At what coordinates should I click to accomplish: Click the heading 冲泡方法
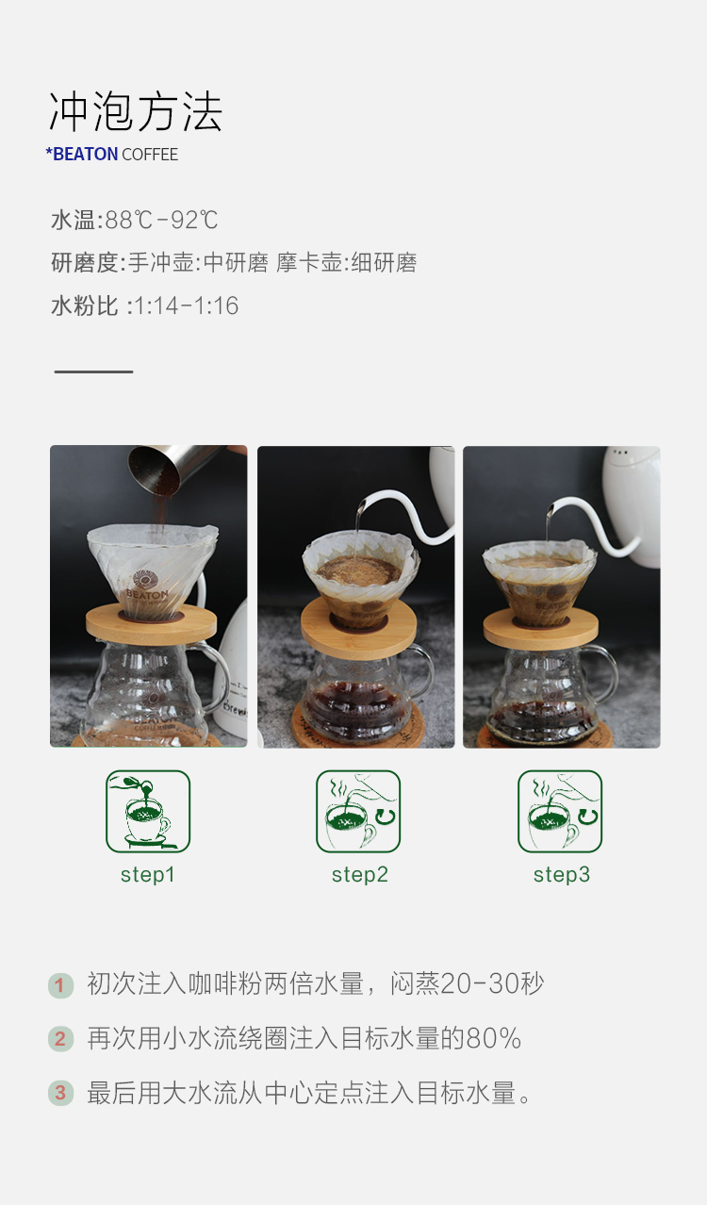pyautogui.click(x=136, y=111)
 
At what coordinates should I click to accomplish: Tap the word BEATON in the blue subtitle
pyautogui.click(x=85, y=155)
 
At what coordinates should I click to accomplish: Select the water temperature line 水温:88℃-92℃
pyautogui.click(x=135, y=220)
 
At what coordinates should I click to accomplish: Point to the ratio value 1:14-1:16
pyautogui.click(x=186, y=305)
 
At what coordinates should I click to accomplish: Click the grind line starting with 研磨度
pyautogui.click(x=234, y=262)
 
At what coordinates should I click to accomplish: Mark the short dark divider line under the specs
pyautogui.click(x=93, y=371)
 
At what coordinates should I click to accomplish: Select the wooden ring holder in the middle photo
pyautogui.click(x=358, y=630)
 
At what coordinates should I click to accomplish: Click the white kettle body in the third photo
pyautogui.click(x=632, y=505)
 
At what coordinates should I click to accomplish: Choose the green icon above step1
pyautogui.click(x=148, y=811)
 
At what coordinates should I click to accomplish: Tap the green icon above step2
pyautogui.click(x=358, y=811)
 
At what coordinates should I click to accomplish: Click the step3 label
pyautogui.click(x=561, y=875)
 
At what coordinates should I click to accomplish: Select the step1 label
pyautogui.click(x=147, y=875)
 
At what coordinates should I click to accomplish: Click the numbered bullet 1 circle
pyautogui.click(x=60, y=985)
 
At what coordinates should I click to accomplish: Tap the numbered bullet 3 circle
pyautogui.click(x=60, y=1093)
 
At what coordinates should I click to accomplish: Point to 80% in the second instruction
pyautogui.click(x=494, y=1039)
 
